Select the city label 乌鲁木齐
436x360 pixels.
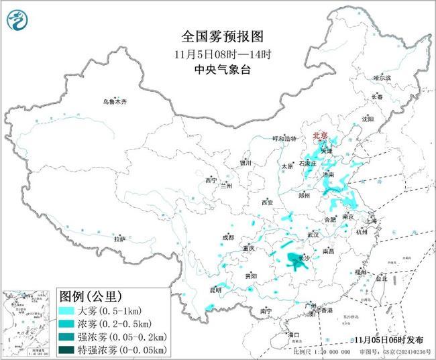point(114,102)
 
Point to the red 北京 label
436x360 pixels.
point(321,136)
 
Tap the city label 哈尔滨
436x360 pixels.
point(382,78)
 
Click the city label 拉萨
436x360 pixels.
point(119,239)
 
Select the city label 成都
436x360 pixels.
point(228,237)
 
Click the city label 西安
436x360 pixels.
point(268,202)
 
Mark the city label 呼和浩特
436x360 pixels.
point(283,138)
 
